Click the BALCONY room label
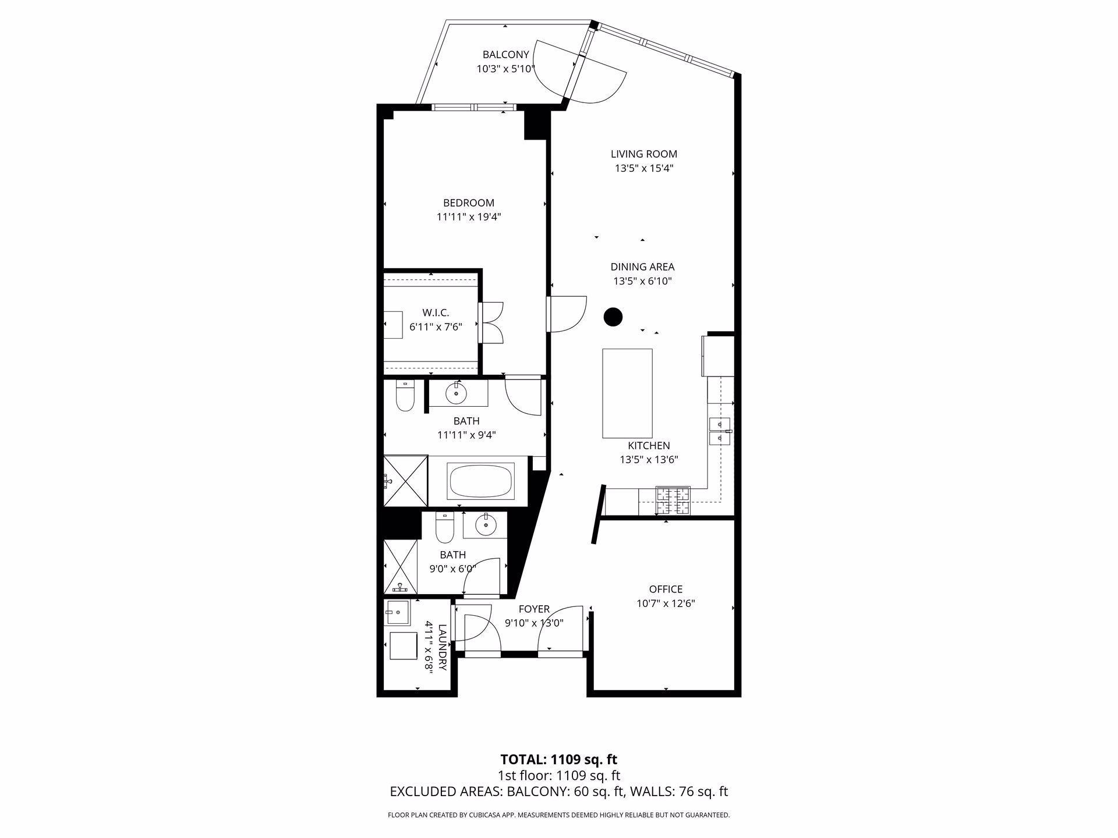505,55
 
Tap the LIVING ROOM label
643,154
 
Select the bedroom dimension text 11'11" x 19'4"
469,217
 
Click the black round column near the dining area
613,317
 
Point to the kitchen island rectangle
627,393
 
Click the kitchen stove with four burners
673,501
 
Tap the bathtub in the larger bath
480,481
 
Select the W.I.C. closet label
436,313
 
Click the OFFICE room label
666,590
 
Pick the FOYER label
534,609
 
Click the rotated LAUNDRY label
442,648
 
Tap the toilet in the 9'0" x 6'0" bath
445,527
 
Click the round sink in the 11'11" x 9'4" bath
456,393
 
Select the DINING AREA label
642,267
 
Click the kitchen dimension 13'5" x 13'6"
649,460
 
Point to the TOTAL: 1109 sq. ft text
558,759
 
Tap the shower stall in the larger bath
406,481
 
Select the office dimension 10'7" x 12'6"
666,603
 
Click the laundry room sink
398,612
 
